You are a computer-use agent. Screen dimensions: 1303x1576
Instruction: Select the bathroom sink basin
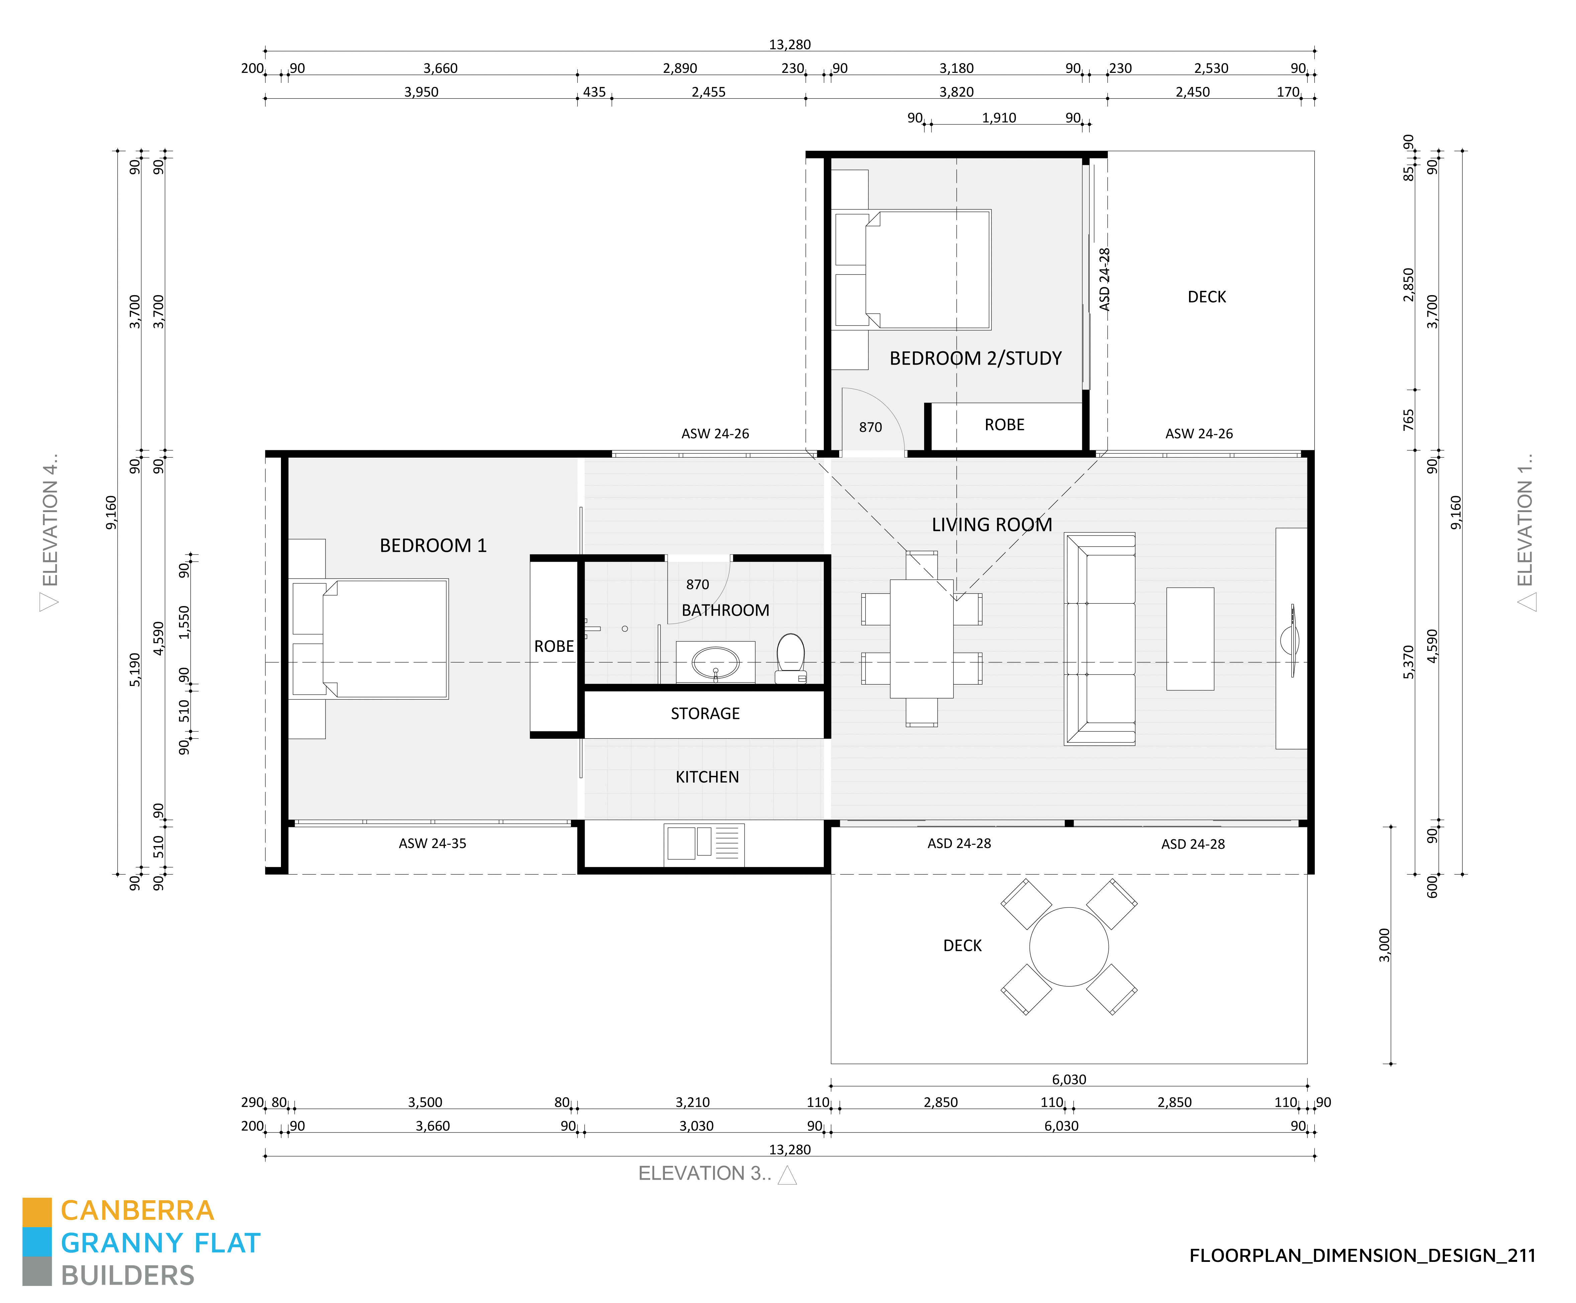tap(715, 663)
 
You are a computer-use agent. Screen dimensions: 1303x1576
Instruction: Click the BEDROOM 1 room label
tap(433, 545)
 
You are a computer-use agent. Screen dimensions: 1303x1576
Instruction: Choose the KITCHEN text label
tap(707, 777)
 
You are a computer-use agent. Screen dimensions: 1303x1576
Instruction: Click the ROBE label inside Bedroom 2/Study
tap(1004, 425)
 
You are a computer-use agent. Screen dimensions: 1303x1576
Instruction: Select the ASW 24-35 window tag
tap(432, 843)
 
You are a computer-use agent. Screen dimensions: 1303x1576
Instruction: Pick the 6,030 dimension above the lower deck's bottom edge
tap(1069, 1079)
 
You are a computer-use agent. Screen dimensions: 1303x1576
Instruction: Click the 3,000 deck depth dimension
tap(1385, 945)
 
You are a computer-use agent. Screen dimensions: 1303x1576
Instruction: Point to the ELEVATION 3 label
tap(705, 1173)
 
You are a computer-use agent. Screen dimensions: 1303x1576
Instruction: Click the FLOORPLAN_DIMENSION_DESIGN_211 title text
tap(1362, 1256)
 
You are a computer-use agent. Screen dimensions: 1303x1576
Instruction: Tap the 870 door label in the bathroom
tap(697, 584)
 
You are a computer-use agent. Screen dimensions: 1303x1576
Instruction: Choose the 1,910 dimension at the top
tap(999, 118)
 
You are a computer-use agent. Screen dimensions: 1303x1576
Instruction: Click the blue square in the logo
tap(37, 1242)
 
